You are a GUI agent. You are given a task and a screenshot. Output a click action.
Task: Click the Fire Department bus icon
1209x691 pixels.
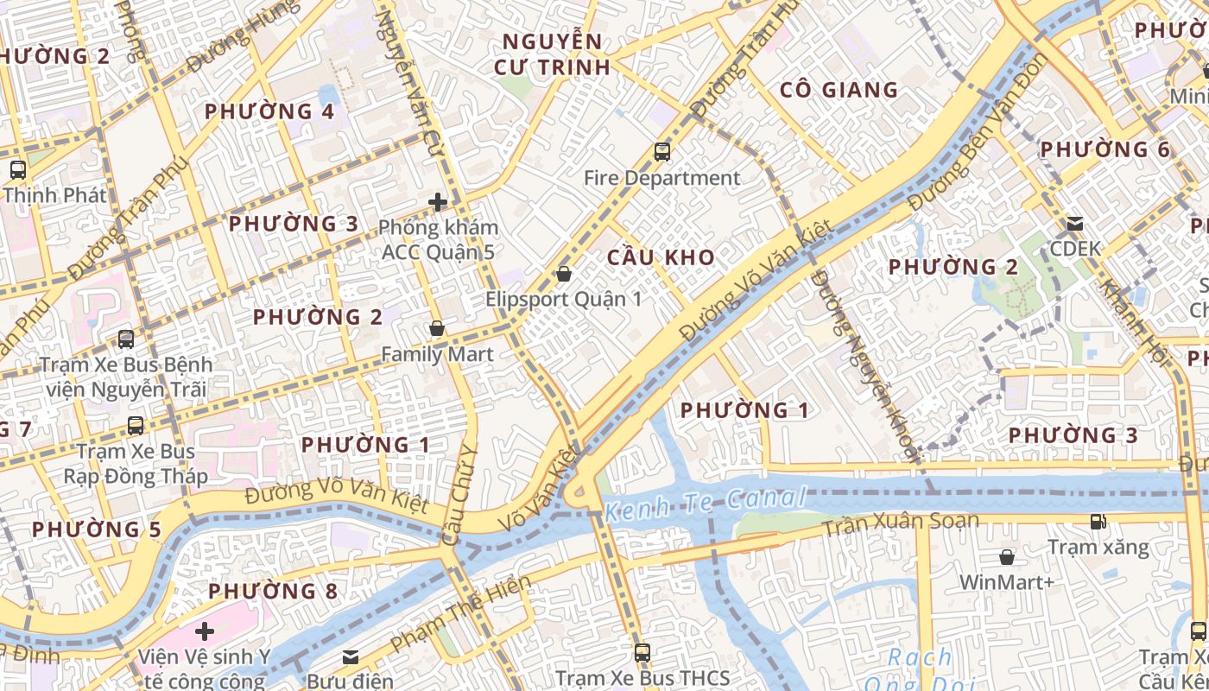point(662,152)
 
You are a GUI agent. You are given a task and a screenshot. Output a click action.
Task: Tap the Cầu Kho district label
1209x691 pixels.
point(661,257)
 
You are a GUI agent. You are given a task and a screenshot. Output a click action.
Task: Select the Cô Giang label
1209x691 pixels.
point(839,90)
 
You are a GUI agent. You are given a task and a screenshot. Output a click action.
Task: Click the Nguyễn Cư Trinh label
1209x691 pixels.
point(553,54)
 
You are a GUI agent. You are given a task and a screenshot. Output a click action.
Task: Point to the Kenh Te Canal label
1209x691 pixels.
point(705,504)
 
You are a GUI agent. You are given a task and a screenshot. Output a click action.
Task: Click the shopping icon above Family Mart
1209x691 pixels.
point(437,329)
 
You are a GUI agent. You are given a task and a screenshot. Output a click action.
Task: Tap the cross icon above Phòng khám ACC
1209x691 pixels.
point(438,202)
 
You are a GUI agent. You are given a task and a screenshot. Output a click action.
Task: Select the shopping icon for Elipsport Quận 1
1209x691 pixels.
point(564,274)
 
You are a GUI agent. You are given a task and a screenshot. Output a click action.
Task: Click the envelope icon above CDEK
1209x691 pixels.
point(1075,224)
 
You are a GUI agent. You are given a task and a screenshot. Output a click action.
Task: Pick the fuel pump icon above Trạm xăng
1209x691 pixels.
point(1098,521)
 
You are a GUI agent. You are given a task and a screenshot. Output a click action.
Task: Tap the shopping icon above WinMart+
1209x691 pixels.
point(1007,557)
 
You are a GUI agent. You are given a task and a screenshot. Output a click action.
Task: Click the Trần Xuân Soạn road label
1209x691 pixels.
point(900,523)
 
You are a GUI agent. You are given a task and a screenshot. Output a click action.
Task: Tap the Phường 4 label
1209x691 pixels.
point(269,111)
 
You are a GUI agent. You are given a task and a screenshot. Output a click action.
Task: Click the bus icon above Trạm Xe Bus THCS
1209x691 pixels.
point(642,652)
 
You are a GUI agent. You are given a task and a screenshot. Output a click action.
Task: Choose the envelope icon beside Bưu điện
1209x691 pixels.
point(351,657)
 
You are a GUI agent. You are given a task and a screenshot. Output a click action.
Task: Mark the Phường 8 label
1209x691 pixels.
point(273,592)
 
